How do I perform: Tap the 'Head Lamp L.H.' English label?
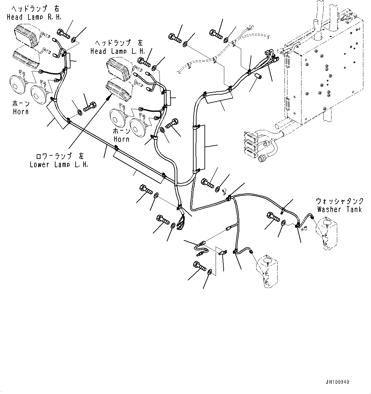[x=118, y=51]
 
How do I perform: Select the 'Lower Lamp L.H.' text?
[x=59, y=165]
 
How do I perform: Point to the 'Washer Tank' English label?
[x=339, y=209]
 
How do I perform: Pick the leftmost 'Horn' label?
[x=21, y=111]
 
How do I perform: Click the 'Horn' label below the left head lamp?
[x=122, y=139]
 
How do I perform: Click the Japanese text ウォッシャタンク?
[x=339, y=201]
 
